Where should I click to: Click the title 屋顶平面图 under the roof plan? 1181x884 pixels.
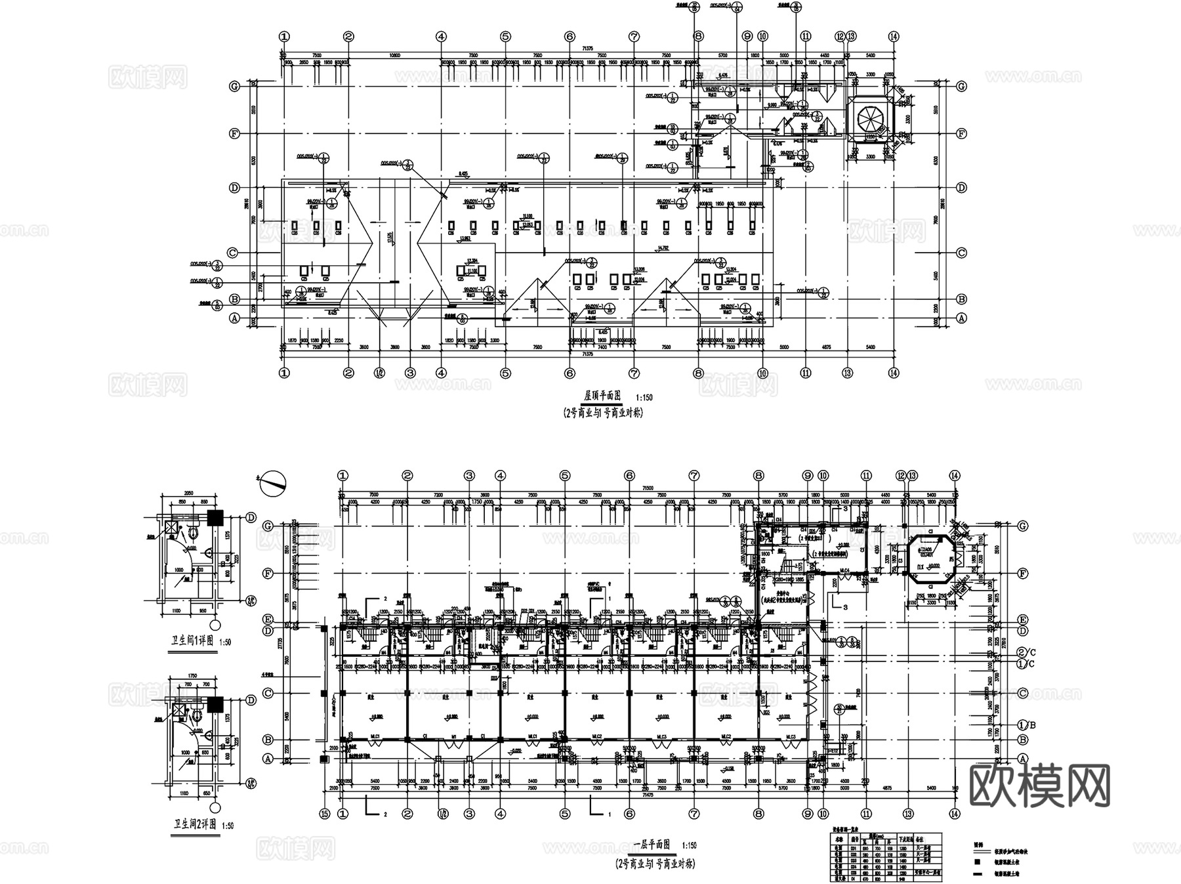[602, 396]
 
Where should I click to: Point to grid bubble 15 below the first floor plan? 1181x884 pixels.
[324, 814]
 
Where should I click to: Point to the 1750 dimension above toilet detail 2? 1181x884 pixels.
[192, 676]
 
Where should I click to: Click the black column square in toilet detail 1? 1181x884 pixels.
[215, 517]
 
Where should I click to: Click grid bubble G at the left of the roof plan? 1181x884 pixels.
[234, 86]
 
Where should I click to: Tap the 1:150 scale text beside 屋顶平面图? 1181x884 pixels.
[644, 398]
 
